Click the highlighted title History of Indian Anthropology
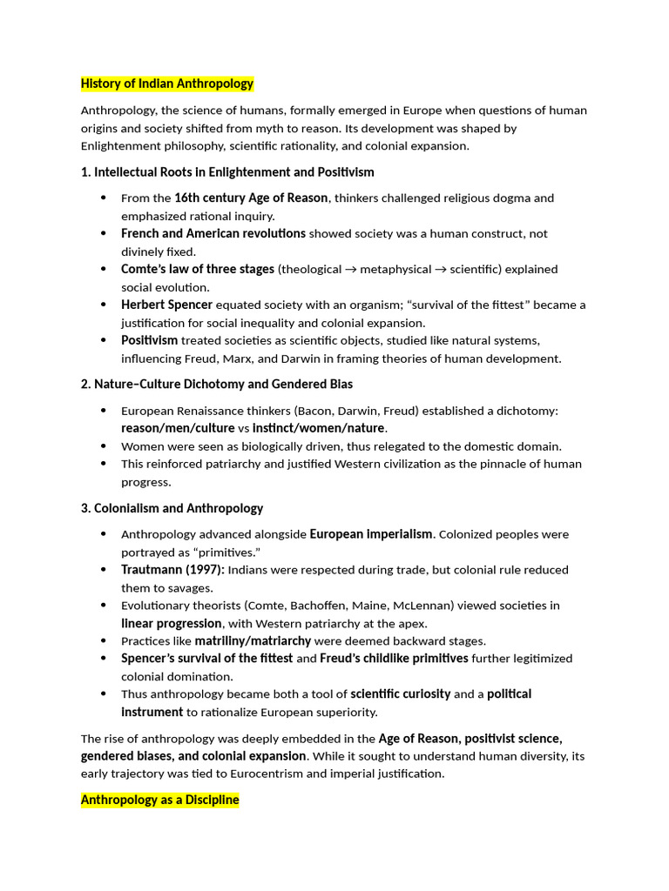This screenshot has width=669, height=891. (x=167, y=84)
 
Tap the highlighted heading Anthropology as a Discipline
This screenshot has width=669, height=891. (x=159, y=800)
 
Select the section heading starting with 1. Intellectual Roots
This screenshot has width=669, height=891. (x=227, y=171)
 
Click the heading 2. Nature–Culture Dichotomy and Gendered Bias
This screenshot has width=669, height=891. (x=217, y=384)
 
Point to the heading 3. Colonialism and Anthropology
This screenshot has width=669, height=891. (x=172, y=508)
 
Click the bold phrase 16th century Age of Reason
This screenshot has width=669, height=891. (x=251, y=198)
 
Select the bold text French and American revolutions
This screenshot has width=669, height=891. (x=213, y=233)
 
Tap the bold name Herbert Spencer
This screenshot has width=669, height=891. (x=166, y=305)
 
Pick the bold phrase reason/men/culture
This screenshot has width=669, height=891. (x=178, y=428)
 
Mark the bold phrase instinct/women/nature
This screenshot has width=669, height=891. (x=318, y=428)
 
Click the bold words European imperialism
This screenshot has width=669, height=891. (x=371, y=534)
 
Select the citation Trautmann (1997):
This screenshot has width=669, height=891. (x=172, y=570)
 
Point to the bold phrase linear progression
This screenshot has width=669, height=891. (x=172, y=623)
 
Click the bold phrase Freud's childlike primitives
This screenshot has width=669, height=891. (x=394, y=659)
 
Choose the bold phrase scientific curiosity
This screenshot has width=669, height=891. (x=400, y=694)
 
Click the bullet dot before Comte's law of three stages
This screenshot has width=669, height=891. (x=103, y=270)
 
